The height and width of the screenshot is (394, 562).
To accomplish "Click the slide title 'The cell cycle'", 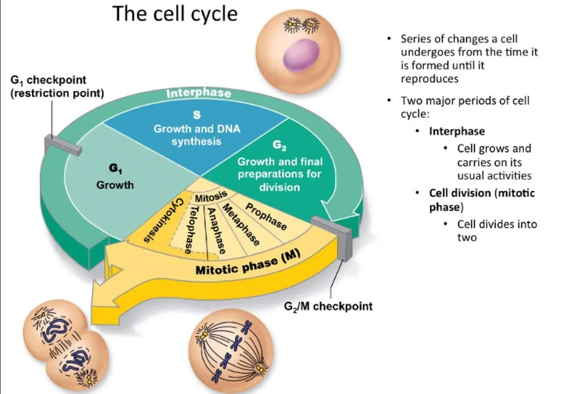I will pyautogui.click(x=175, y=14).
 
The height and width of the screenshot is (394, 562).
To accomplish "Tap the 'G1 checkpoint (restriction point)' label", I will pyautogui.click(x=57, y=86).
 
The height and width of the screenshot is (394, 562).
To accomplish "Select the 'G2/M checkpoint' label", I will pyautogui.click(x=328, y=306).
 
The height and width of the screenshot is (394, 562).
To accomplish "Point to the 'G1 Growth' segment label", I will pyautogui.click(x=114, y=178).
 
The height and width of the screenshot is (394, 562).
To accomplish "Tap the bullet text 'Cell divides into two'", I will pyautogui.click(x=496, y=230).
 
